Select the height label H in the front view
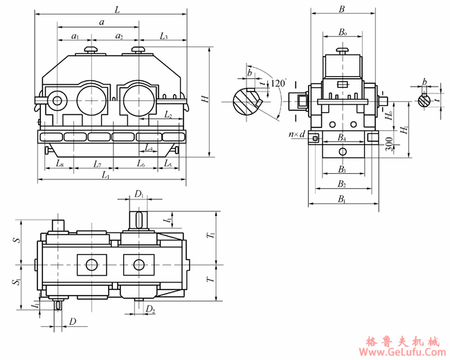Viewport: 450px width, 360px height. pos(205,100)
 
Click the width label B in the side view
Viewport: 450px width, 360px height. pos(341,10)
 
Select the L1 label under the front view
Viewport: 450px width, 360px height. pos(106,176)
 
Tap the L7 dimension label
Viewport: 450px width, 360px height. pos(98,164)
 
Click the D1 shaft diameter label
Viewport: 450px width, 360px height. pos(139,195)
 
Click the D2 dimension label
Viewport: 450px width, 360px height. pos(151,309)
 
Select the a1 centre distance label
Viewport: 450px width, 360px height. pos(75,36)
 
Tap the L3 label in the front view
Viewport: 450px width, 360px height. pos(163,35)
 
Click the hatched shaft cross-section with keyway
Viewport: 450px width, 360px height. pos(244,101)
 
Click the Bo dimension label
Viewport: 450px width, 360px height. pos(342,33)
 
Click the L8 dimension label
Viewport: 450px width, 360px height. pos(60,164)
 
